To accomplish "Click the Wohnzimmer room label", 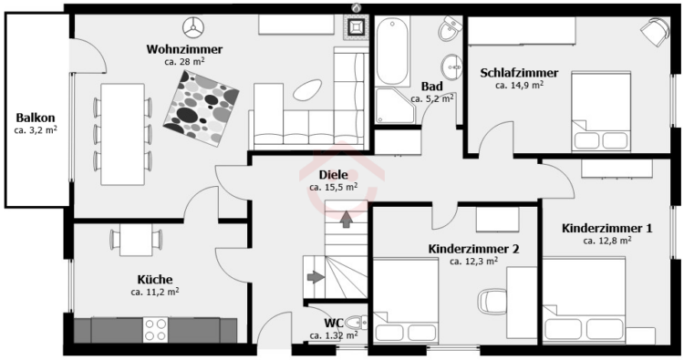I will pyautogui.click(x=184, y=49).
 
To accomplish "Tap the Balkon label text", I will pyautogui.click(x=36, y=118).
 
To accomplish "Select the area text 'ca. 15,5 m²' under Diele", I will pyautogui.click(x=333, y=187).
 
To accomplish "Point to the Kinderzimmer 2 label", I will pyautogui.click(x=473, y=248).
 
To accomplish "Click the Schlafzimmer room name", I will pyautogui.click(x=520, y=73).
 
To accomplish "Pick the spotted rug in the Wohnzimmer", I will pyautogui.click(x=202, y=105).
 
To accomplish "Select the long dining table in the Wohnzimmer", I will pyautogui.click(x=122, y=132).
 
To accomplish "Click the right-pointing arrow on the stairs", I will pyautogui.click(x=313, y=277).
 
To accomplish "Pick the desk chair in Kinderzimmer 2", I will pyautogui.click(x=493, y=300).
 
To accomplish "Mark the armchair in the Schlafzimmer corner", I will pyautogui.click(x=653, y=32).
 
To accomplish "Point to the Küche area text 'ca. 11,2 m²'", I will pyautogui.click(x=154, y=293).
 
